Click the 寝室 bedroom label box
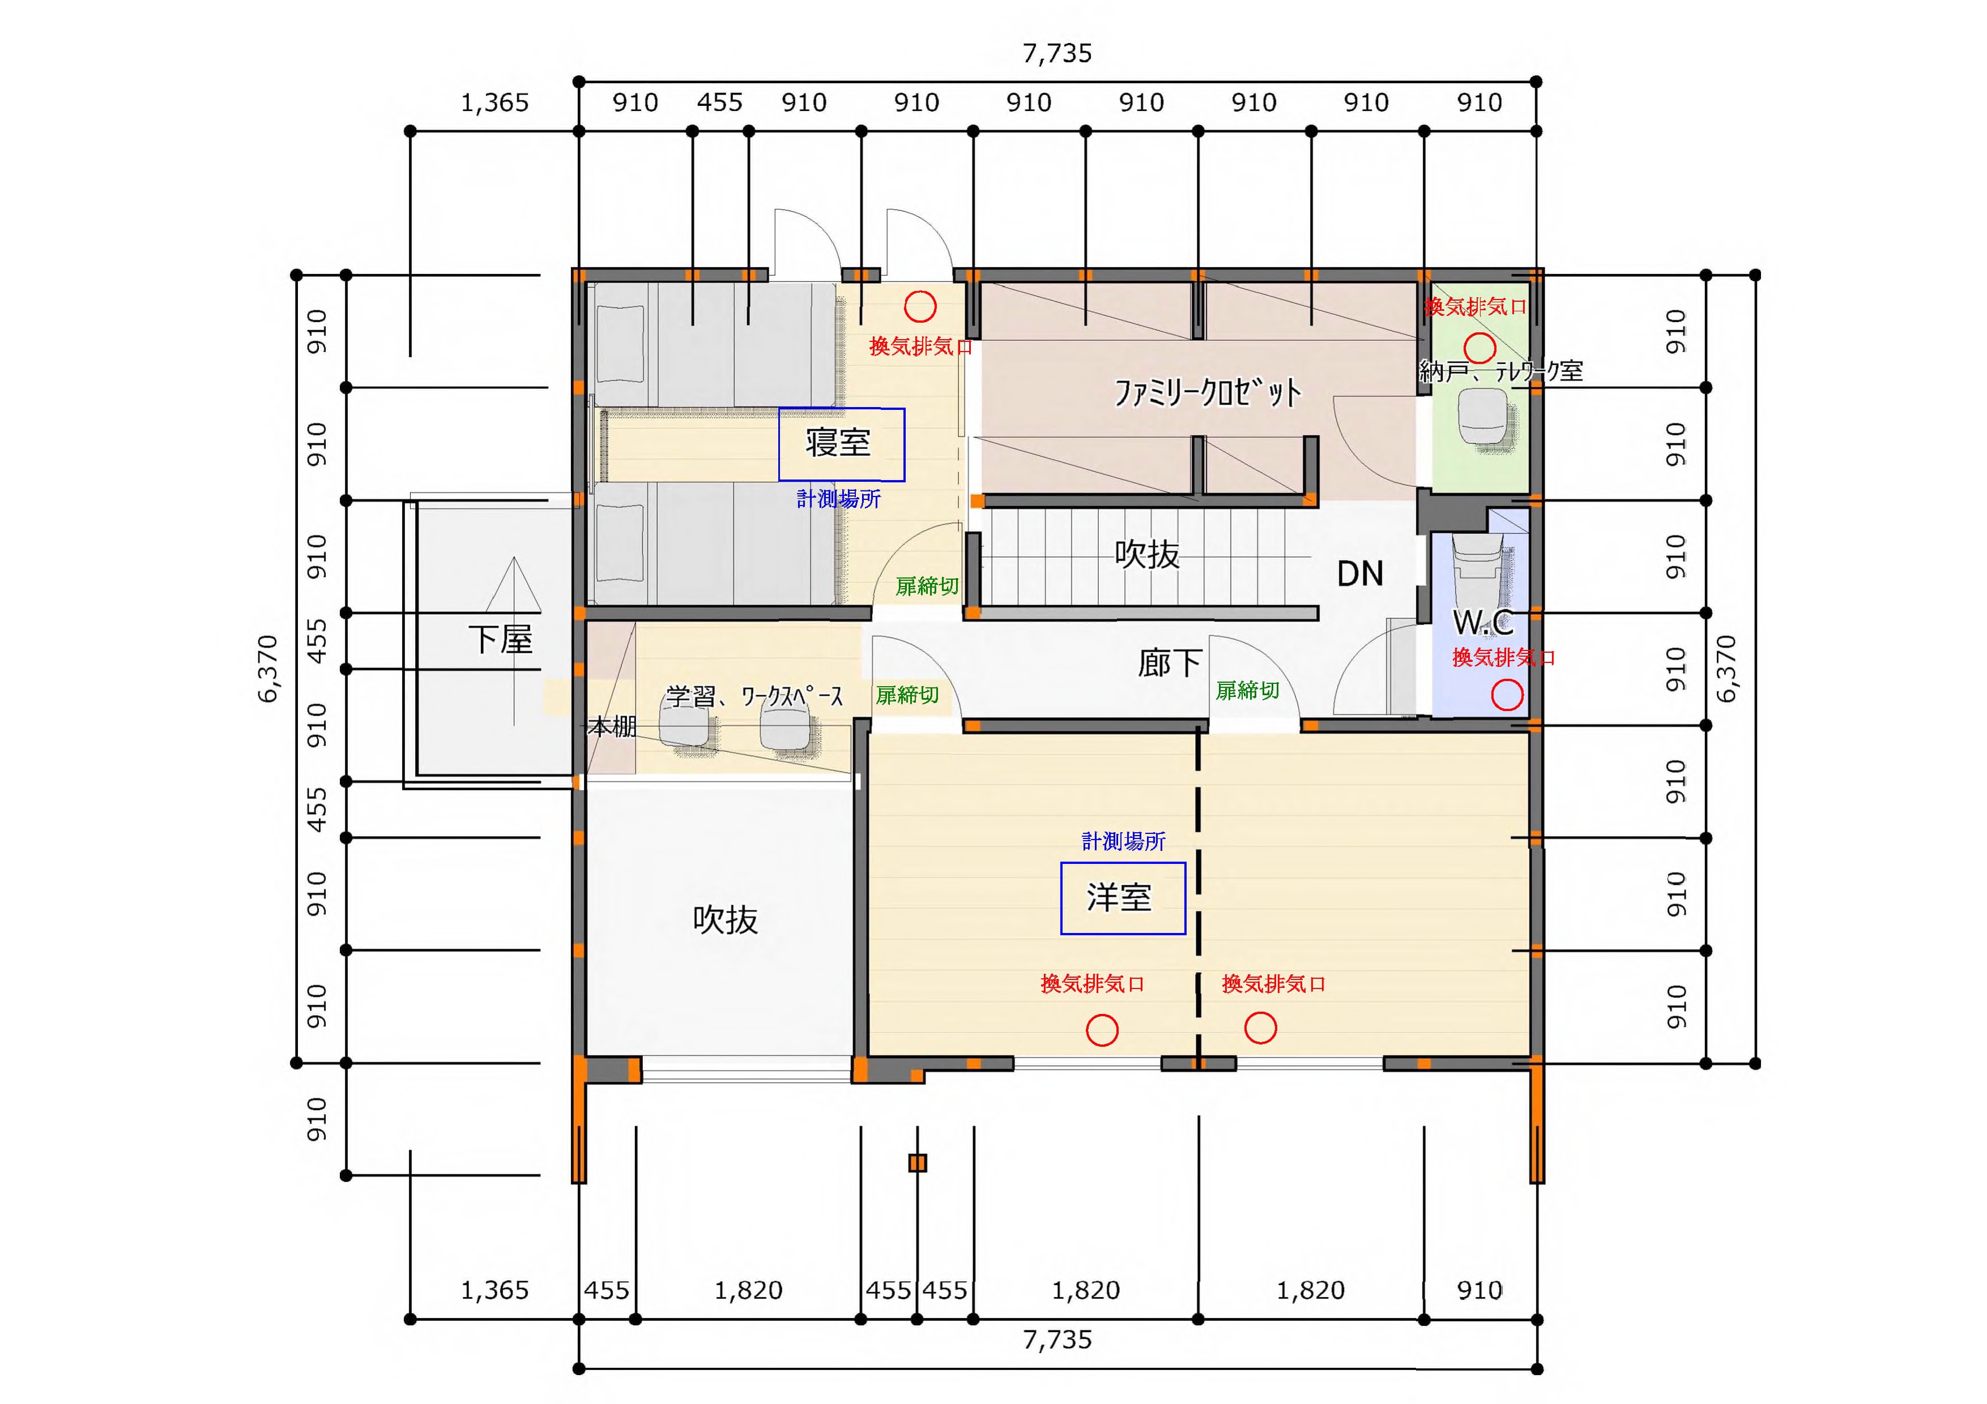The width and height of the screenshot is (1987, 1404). (841, 444)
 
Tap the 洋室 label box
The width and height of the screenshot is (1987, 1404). (1123, 898)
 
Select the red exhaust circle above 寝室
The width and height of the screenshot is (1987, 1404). (920, 305)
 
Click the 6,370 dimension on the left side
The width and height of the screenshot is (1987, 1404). (268, 669)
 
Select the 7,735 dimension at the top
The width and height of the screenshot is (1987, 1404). (1058, 54)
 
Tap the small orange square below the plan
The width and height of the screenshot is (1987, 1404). (918, 1163)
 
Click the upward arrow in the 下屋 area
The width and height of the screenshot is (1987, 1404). (514, 640)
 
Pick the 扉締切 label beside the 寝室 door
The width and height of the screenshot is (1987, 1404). (927, 587)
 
